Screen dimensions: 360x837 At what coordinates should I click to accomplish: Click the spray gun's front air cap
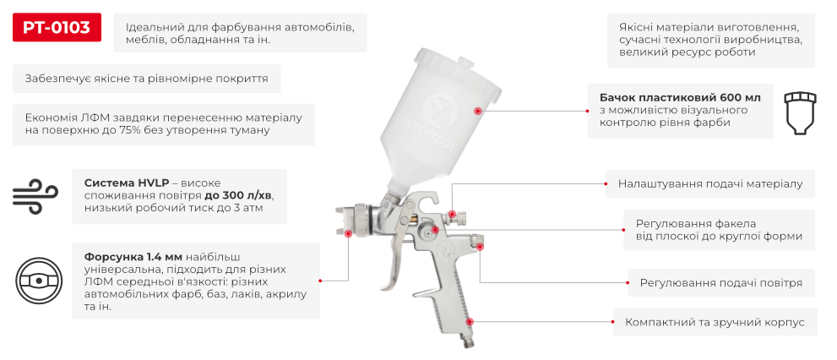(348, 221)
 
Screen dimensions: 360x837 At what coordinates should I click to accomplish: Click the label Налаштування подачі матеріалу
(710, 183)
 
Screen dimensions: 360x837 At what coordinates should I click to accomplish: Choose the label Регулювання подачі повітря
(720, 282)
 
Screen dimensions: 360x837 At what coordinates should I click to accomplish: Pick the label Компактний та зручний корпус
(715, 323)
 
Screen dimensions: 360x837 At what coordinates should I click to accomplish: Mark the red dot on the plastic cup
(477, 111)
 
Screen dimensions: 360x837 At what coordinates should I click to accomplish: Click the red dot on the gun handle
(470, 322)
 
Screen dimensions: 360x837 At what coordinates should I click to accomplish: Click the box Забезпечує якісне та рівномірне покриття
(146, 79)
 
